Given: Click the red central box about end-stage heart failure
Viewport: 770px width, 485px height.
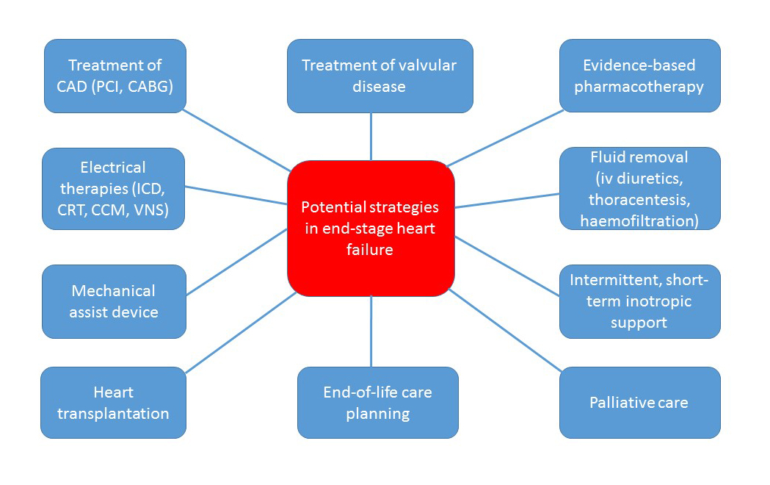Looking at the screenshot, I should [371, 228].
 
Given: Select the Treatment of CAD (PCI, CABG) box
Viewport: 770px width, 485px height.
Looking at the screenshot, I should [115, 76].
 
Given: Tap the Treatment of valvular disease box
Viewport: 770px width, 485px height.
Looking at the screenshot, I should [379, 76].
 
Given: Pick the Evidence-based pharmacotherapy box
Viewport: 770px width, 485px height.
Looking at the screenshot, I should [639, 76].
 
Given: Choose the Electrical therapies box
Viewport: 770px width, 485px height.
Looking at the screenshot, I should [114, 189].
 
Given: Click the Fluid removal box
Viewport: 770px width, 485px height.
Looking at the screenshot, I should [639, 189].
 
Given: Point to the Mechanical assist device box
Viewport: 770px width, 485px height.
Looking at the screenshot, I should [114, 301].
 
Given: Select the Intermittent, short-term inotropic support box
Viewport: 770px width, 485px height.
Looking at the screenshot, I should [639, 301].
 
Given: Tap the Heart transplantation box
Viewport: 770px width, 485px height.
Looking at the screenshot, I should [114, 403].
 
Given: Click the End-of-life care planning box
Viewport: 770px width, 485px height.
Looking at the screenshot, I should [377, 403].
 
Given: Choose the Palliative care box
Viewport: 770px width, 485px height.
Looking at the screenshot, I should [639, 403].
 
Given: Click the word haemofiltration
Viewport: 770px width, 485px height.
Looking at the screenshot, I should [639, 220].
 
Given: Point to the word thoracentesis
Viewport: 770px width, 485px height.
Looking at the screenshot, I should [639, 199].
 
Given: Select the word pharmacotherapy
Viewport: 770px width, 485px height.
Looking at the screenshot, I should [639, 87].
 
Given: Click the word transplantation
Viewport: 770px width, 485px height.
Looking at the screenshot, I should [114, 413].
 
